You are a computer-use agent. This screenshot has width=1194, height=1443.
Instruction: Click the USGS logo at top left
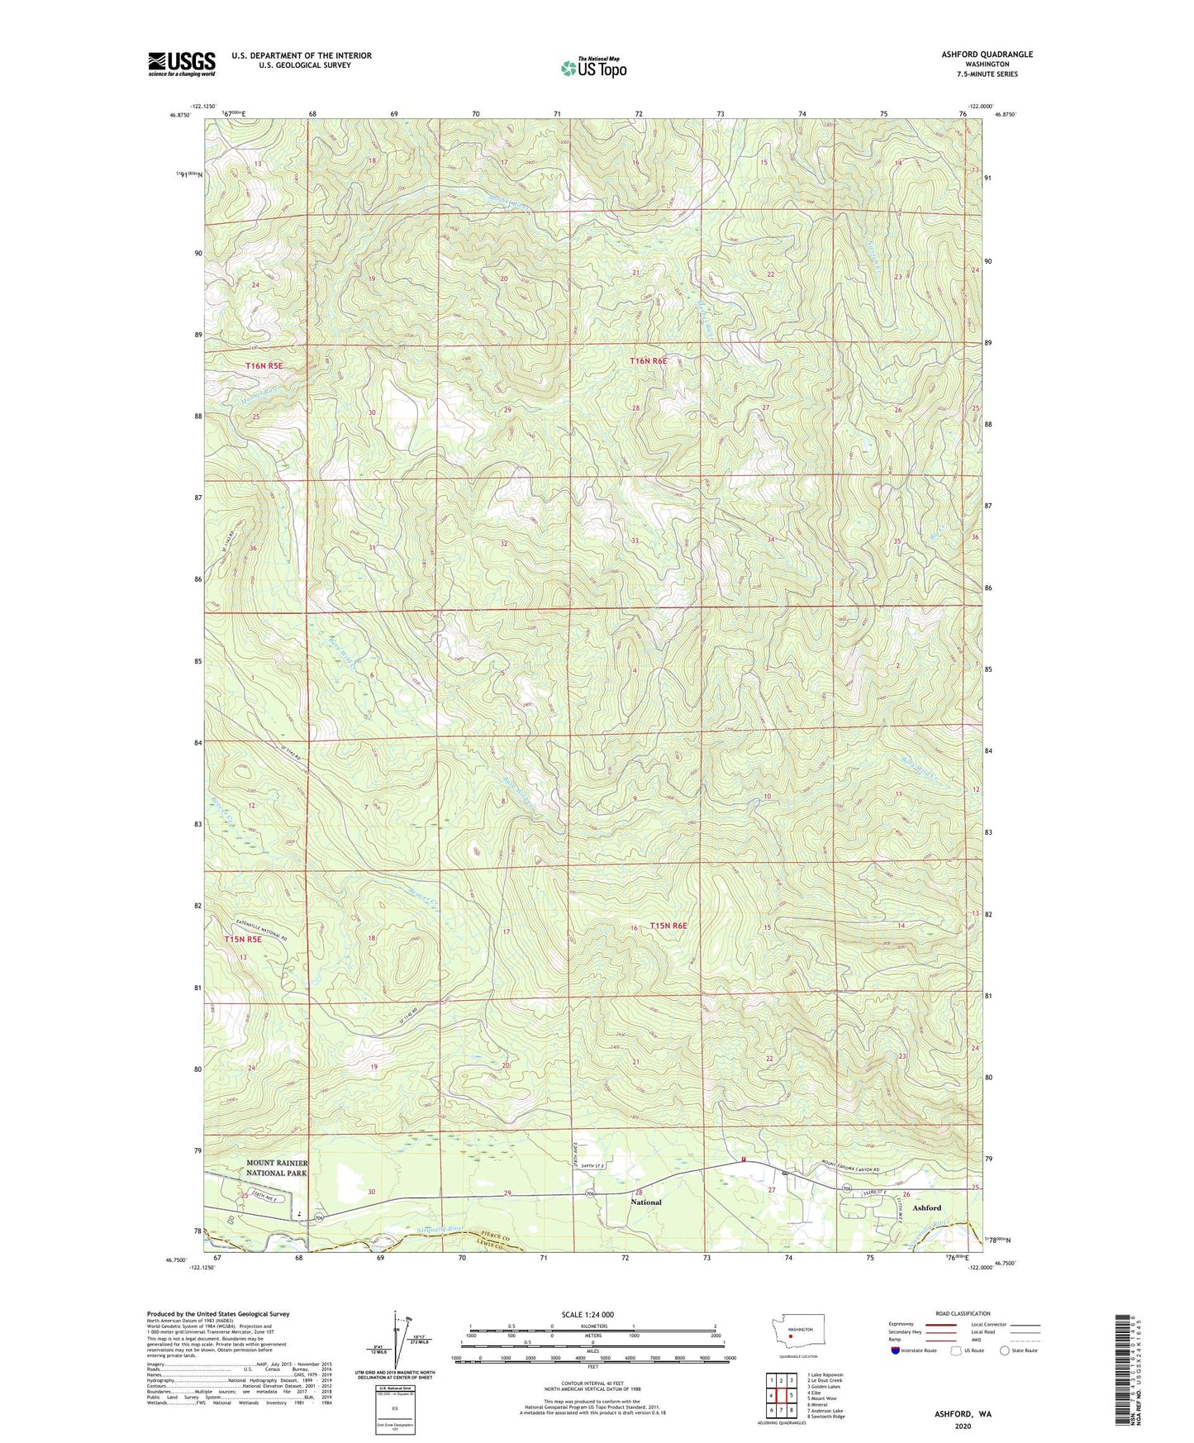tap(182, 64)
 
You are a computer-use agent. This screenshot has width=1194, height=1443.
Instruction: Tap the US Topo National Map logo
tap(593, 67)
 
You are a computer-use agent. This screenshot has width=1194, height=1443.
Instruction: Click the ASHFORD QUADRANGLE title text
tap(987, 55)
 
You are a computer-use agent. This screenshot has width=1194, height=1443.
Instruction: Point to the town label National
tap(645, 1202)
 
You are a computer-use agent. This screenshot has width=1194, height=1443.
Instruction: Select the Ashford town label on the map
tap(926, 1207)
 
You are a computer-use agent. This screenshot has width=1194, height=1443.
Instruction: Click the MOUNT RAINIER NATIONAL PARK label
tap(277, 1168)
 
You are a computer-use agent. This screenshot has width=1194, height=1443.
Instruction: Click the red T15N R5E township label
tap(243, 940)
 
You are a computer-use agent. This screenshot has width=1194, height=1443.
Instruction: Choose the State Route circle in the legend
tap(1005, 1350)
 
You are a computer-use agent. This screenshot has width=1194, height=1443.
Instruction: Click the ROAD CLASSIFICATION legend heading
tap(963, 1313)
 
